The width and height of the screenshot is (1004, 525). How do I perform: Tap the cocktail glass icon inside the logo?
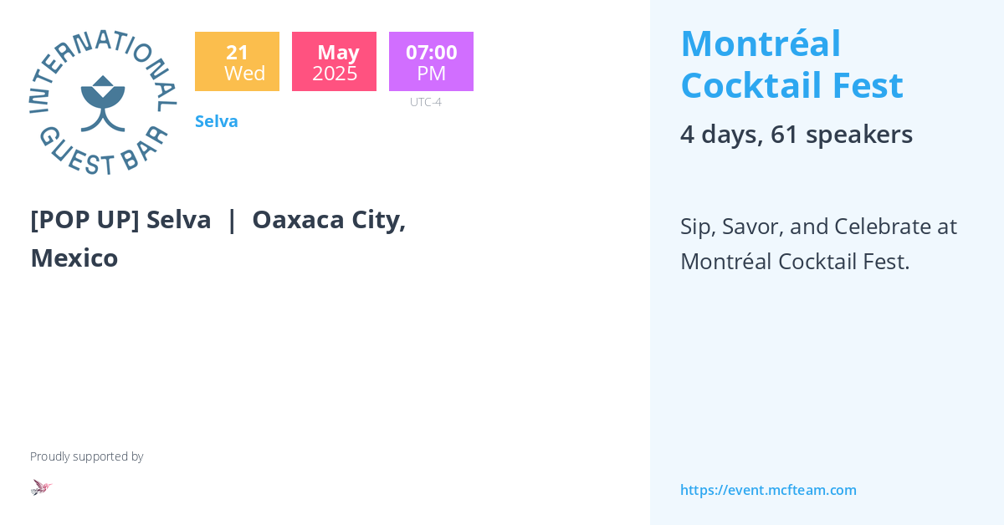point(103,103)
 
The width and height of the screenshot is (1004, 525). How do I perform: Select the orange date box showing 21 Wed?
point(237,62)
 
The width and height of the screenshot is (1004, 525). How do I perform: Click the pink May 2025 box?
point(334,62)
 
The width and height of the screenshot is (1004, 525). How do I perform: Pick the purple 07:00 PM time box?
point(431,62)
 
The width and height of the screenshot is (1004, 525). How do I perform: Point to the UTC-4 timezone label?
point(425,102)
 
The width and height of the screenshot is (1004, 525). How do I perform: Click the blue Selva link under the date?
point(217,121)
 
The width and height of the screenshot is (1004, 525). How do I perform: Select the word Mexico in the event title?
point(74,258)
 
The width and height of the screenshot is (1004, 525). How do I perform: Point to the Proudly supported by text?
point(87,456)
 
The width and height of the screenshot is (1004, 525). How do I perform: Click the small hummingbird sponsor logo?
point(41,487)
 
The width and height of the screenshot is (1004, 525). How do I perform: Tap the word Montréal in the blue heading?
point(761,44)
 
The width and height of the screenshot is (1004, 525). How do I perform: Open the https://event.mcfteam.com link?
point(768,490)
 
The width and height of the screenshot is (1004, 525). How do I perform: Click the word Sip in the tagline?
point(695,227)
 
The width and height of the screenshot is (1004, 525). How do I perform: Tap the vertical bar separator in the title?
point(232,220)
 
